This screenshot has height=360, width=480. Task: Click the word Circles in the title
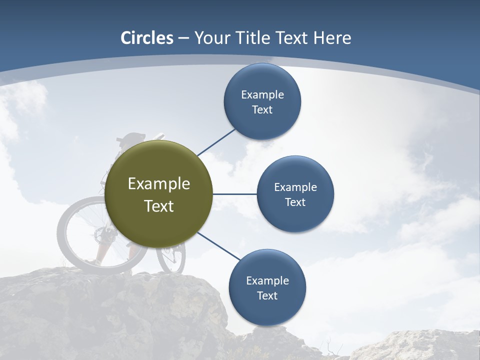[x=146, y=38]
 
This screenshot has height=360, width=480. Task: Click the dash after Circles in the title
[x=183, y=38]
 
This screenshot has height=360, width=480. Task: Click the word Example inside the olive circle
[x=159, y=183]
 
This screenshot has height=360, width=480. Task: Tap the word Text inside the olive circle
[x=159, y=206]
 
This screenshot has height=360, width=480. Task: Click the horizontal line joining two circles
[x=235, y=194]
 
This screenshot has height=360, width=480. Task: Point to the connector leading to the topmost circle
[x=216, y=142]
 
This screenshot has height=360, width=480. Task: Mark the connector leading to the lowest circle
[x=218, y=246]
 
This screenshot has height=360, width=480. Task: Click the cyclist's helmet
[x=133, y=137]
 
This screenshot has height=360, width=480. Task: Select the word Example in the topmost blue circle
[x=262, y=94]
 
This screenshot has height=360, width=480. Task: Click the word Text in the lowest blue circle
[x=267, y=295]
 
